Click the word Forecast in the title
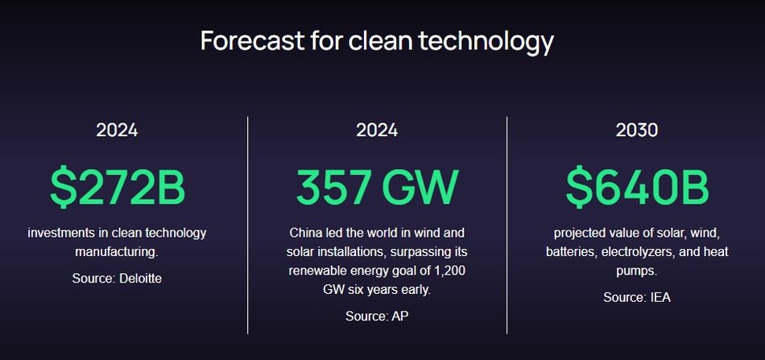click(252, 40)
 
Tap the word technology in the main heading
click(486, 42)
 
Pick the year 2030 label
click(637, 130)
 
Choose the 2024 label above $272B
click(117, 130)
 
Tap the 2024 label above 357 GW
click(377, 130)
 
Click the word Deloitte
click(140, 279)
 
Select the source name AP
click(400, 316)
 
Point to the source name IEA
click(660, 297)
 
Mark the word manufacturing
click(117, 253)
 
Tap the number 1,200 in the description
click(451, 271)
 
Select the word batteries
click(572, 252)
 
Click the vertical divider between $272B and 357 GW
click(247, 226)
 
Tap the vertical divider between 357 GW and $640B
click(507, 226)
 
